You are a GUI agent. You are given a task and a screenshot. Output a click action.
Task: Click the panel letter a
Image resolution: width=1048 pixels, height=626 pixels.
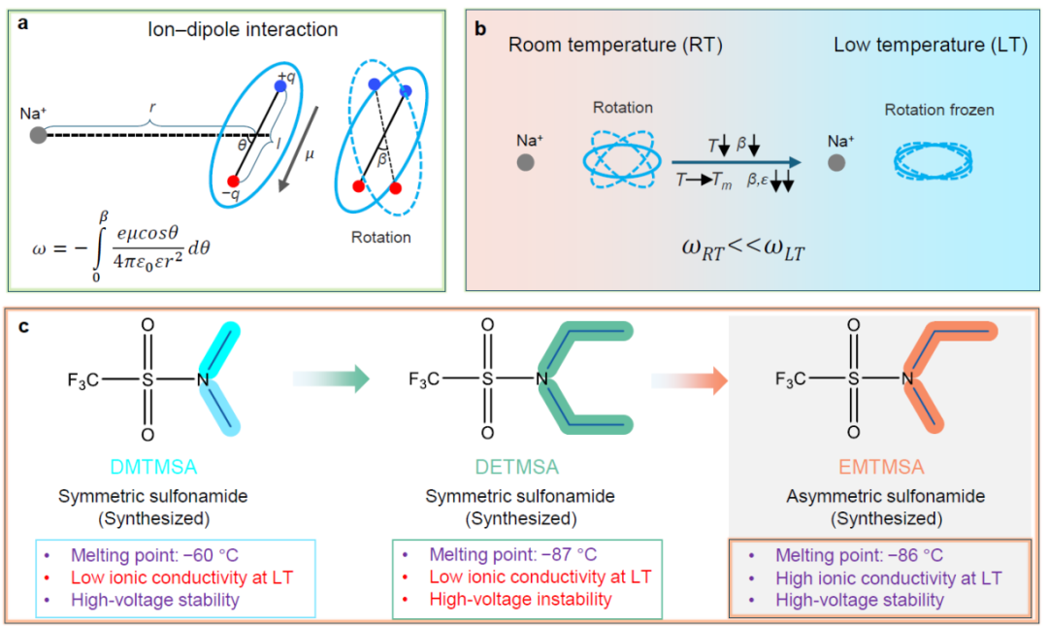pyautogui.click(x=22, y=28)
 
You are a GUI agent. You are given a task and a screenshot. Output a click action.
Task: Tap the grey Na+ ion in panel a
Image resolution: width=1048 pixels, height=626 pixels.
pyautogui.click(x=38, y=134)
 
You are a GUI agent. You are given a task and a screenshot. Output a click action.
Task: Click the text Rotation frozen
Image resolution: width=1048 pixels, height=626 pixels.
pyautogui.click(x=938, y=111)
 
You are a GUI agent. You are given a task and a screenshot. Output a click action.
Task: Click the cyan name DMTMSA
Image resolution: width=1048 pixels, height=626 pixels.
pyautogui.click(x=153, y=468)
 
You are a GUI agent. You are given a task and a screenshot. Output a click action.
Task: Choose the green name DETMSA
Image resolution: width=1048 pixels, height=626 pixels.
pyautogui.click(x=520, y=468)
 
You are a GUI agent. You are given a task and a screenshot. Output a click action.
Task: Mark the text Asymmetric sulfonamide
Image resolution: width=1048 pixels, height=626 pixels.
pyautogui.click(x=885, y=496)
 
